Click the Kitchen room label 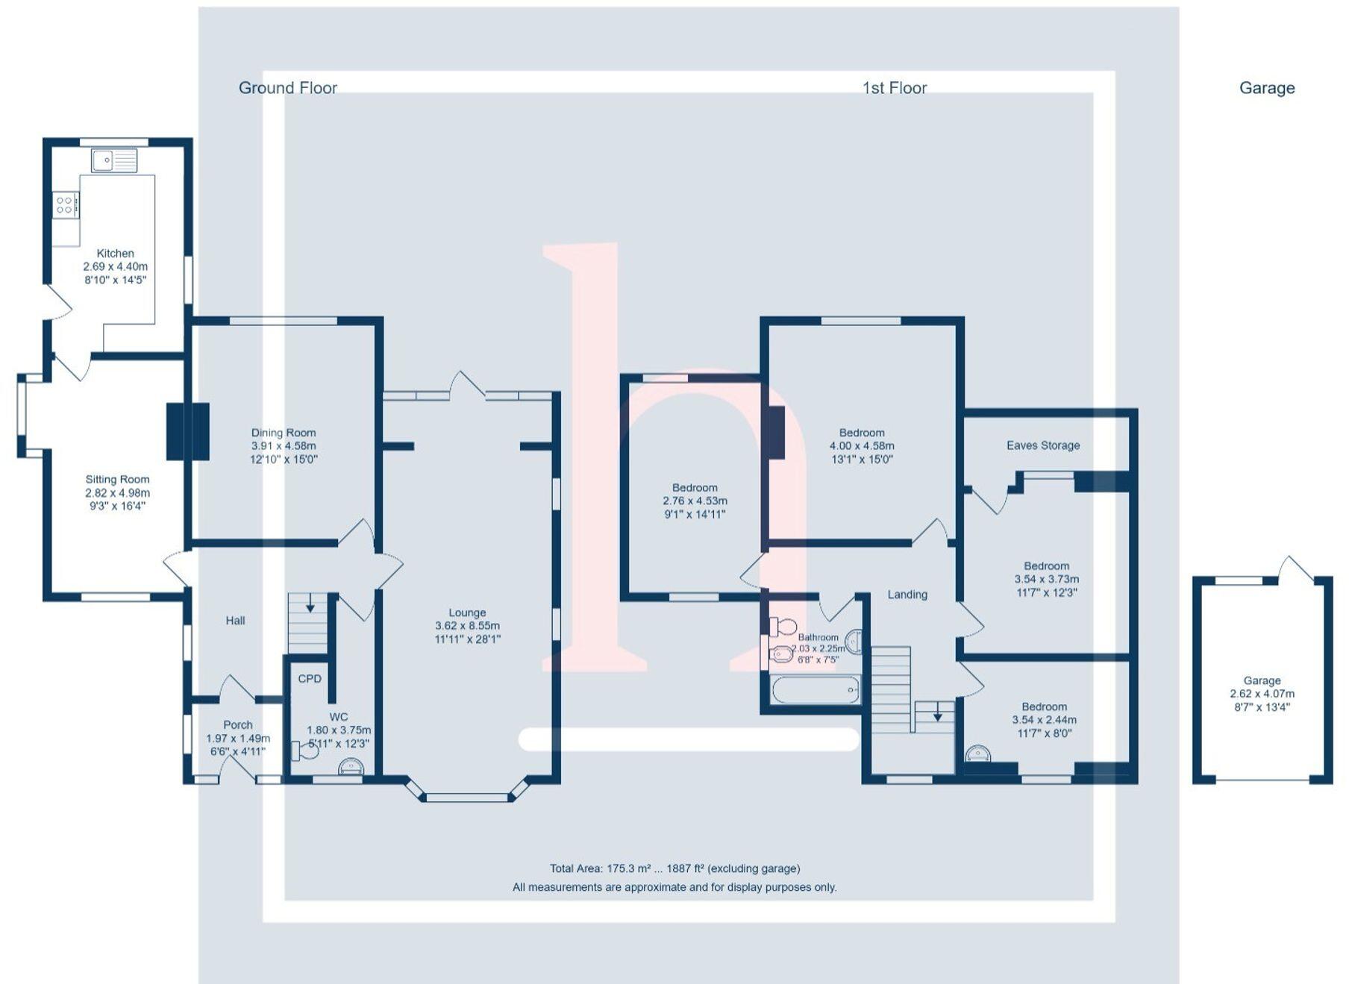click(115, 254)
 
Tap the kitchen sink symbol click(113, 160)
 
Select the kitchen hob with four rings click(65, 204)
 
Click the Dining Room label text click(283, 433)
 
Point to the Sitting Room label click(117, 480)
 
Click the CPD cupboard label click(310, 678)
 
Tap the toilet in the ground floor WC click(304, 750)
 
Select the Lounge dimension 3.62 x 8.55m click(467, 626)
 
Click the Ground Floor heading click(287, 88)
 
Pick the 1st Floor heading click(894, 88)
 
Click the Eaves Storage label click(1042, 445)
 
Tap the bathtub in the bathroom click(815, 690)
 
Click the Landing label click(907, 595)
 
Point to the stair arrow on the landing click(937, 715)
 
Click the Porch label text click(237, 724)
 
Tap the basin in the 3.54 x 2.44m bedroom click(978, 753)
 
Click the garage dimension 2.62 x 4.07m click(1262, 694)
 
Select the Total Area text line click(674, 868)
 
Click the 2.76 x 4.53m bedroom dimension click(694, 501)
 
